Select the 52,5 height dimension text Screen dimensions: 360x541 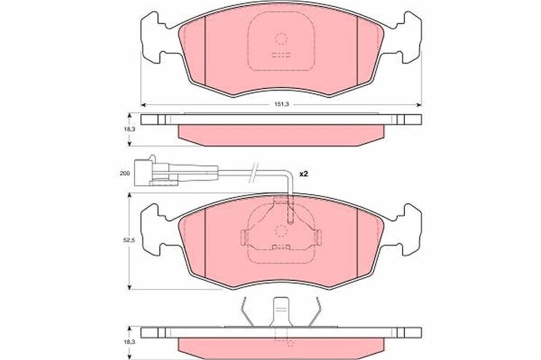click(x=130, y=241)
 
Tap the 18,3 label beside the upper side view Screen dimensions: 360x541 click(x=130, y=129)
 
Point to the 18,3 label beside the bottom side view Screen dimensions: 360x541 click(x=130, y=342)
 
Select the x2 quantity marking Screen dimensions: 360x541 click(x=303, y=173)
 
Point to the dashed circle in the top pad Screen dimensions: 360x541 click(x=281, y=39)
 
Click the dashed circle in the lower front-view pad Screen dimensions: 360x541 click(x=281, y=231)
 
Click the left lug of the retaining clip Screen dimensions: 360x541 click(x=243, y=236)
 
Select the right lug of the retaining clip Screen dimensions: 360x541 click(x=319, y=236)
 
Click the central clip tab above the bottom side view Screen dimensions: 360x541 click(x=281, y=311)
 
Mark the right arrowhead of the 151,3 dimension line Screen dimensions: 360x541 click(x=419, y=105)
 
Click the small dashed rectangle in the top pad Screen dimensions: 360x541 click(x=281, y=56)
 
